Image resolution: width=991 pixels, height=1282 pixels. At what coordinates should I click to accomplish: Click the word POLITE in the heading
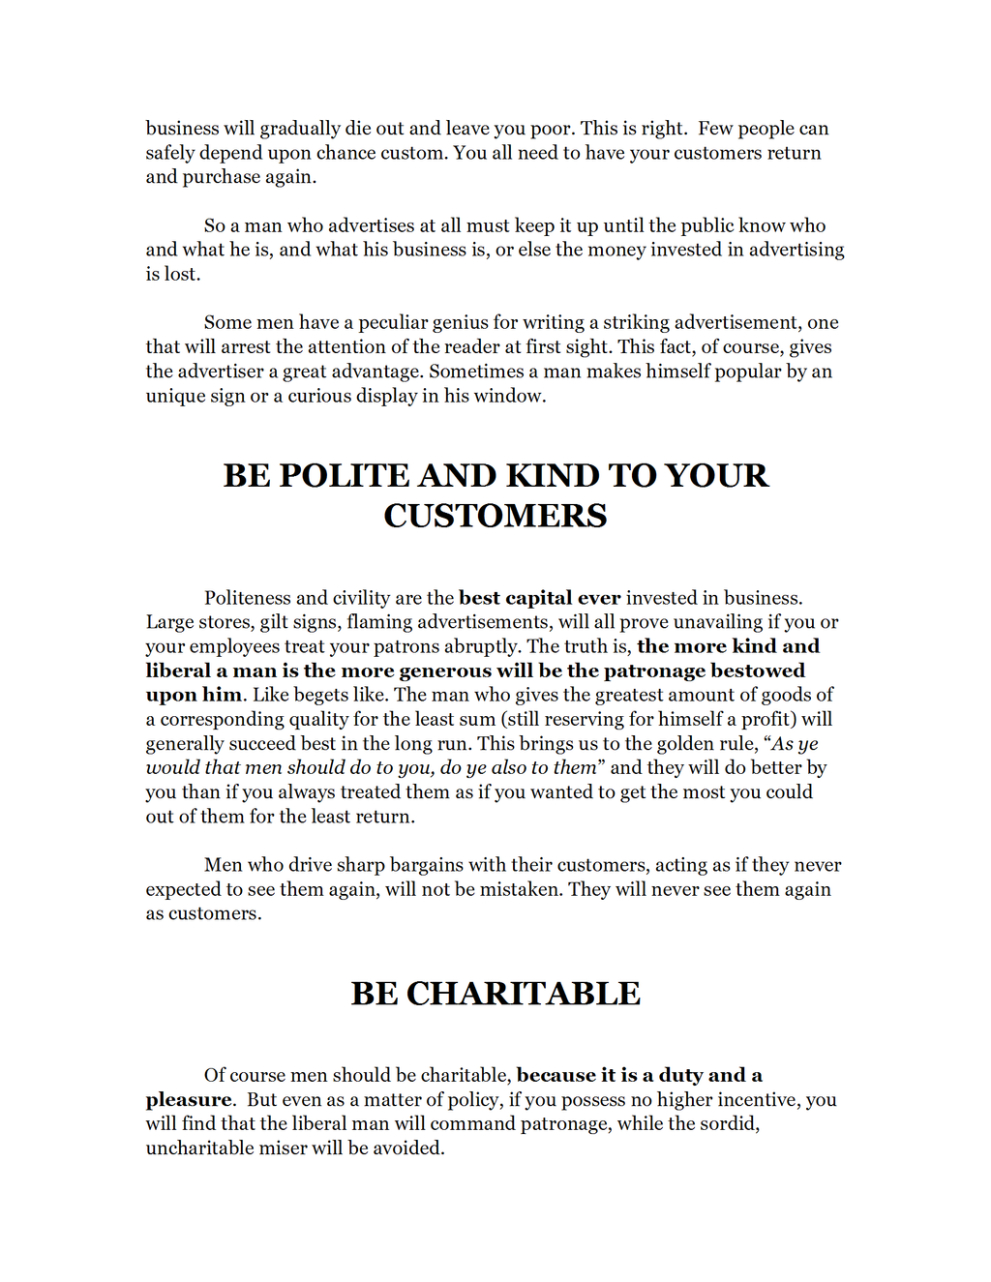[x=344, y=476]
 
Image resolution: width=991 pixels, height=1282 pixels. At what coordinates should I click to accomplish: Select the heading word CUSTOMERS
[x=495, y=516]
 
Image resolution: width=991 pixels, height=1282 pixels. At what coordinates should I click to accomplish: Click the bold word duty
[x=680, y=1075]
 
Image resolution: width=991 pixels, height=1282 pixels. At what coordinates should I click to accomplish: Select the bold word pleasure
[x=189, y=1100]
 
